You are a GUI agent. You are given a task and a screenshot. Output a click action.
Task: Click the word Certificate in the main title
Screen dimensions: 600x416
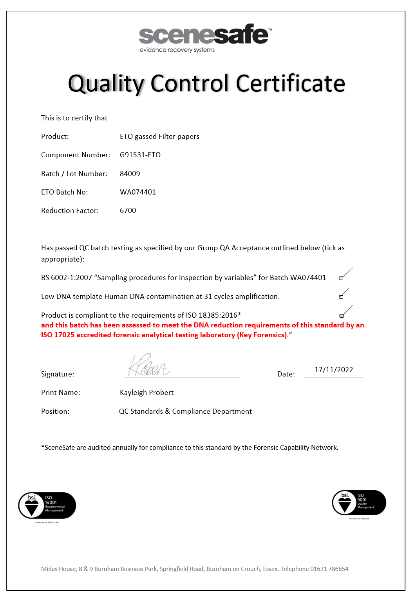click(x=290, y=84)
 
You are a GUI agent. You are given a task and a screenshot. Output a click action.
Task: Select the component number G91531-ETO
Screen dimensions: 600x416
click(x=140, y=155)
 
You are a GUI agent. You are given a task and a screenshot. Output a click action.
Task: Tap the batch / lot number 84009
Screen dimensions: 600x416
click(x=130, y=174)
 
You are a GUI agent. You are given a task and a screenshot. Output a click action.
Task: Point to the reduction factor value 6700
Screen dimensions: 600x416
click(x=128, y=211)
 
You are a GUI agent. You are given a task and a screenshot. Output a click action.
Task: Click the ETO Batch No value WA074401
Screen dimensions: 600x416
click(x=138, y=192)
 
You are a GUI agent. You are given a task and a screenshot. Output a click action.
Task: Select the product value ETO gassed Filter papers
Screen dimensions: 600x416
click(x=159, y=136)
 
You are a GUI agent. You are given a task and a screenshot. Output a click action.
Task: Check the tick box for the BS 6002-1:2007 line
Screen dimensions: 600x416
click(x=341, y=278)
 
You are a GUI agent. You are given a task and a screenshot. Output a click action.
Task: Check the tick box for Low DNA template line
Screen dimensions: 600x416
click(x=341, y=297)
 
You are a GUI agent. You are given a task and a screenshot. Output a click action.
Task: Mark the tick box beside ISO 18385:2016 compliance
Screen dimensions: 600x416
click(x=341, y=316)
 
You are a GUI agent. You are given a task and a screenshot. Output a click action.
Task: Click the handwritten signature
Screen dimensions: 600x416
click(x=148, y=365)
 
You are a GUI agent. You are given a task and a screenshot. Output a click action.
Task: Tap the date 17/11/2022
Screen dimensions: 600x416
click(x=334, y=370)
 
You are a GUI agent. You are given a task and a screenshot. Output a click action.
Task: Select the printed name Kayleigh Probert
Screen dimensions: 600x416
click(x=147, y=393)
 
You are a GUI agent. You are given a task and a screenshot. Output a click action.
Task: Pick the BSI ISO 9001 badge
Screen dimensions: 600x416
click(x=359, y=503)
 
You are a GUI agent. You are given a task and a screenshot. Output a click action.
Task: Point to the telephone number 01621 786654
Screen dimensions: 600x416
click(x=329, y=569)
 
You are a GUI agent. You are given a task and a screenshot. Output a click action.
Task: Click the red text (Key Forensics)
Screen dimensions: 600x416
click(x=262, y=335)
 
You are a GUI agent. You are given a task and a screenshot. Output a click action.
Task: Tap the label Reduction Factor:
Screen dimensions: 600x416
click(x=70, y=211)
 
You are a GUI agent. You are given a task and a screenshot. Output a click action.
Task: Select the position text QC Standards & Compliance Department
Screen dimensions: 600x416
click(x=185, y=411)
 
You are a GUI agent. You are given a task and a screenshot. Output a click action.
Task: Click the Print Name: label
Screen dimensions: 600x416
click(x=61, y=393)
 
